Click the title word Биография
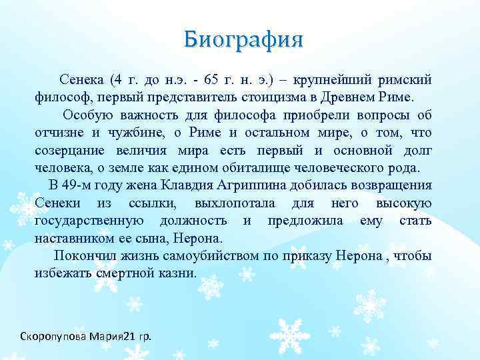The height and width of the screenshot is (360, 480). tap(243, 39)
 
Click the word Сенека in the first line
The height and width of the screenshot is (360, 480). tap(81, 81)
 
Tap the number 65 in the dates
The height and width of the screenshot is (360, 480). tap(212, 81)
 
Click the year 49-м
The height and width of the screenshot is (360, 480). tap(77, 185)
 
